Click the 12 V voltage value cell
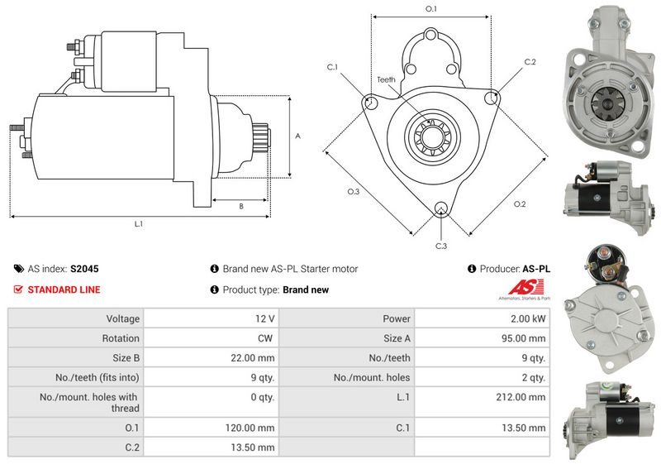(x=265, y=318)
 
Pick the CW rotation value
(x=265, y=338)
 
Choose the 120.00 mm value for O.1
(x=254, y=428)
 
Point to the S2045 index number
(x=84, y=269)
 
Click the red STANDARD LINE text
(x=64, y=289)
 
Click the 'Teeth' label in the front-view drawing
(x=386, y=79)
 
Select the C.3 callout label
(x=441, y=246)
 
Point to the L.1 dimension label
(x=139, y=224)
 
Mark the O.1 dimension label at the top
(x=430, y=8)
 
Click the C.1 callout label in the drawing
(x=332, y=66)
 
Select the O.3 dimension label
(x=354, y=192)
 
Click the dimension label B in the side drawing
(x=240, y=207)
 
